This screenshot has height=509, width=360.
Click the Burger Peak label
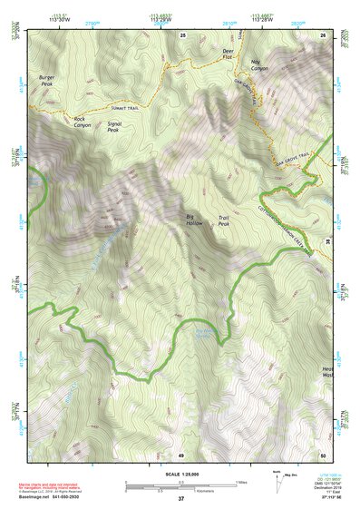click(47, 81)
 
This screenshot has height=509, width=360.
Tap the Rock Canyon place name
click(83, 122)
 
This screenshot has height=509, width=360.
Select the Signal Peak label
click(114, 126)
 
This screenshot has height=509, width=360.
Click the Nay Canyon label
click(259, 64)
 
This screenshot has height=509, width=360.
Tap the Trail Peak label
click(225, 220)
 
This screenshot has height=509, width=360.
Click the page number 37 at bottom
click(180, 500)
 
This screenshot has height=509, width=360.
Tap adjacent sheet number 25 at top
click(182, 34)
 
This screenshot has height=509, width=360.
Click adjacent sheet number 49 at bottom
click(180, 454)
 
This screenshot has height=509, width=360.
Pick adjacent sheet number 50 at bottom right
click(322, 454)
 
